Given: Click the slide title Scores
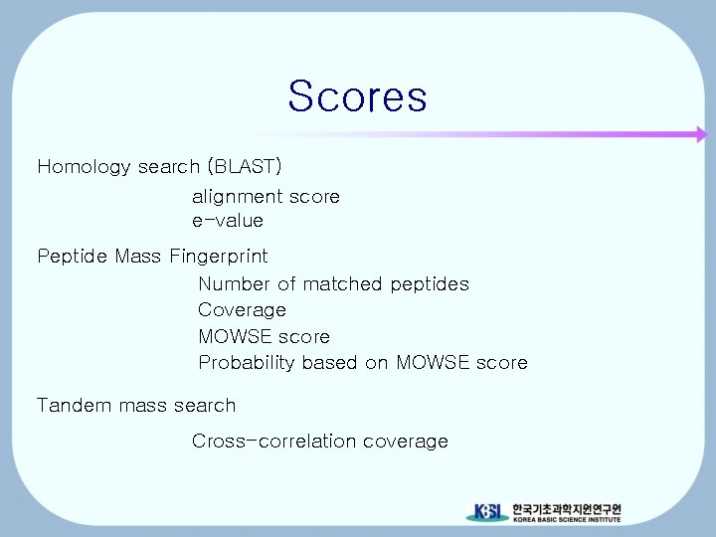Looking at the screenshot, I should (x=357, y=96).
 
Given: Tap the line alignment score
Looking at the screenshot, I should (x=266, y=197).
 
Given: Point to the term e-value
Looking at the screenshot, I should (x=228, y=220).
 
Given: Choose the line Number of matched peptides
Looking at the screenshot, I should (x=333, y=284).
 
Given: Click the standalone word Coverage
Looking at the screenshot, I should (x=242, y=310).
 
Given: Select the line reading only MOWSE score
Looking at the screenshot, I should (x=264, y=336).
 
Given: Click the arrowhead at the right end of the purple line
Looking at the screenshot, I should (x=700, y=134).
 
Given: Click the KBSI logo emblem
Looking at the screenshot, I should (x=486, y=512).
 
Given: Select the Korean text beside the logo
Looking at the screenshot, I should (x=567, y=507).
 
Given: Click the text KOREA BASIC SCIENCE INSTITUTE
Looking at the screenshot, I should (x=567, y=519).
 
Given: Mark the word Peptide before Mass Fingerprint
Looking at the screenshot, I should (x=73, y=257).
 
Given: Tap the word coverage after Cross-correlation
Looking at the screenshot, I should (x=406, y=441).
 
